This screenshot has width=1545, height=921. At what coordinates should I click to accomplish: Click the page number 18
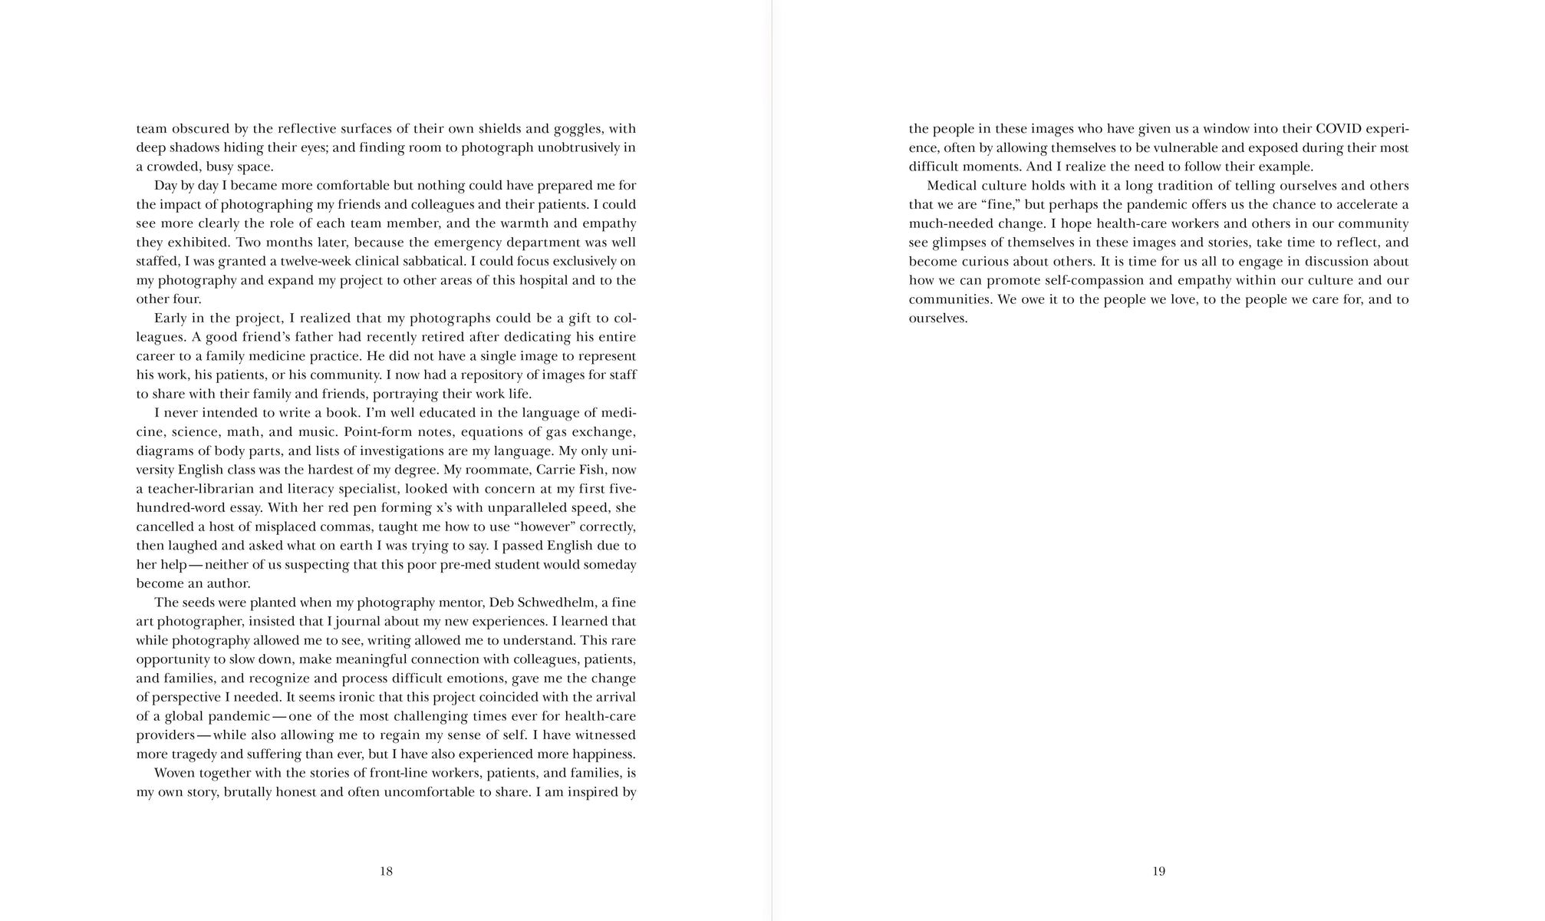pos(386,871)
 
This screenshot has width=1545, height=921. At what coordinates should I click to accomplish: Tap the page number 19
pos(1158,871)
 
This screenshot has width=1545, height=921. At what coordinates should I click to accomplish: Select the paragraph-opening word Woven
pos(174,773)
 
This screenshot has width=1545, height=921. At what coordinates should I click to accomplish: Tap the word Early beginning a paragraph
pos(173,319)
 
